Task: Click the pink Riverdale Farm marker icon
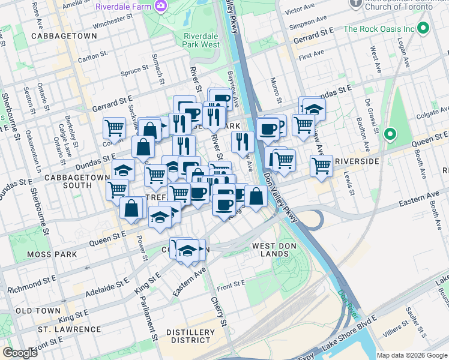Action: pos(160,7)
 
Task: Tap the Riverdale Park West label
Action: pos(201,40)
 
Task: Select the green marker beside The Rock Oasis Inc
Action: pos(423,28)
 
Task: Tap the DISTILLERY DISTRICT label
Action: pos(190,337)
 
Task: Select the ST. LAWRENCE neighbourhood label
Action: pos(69,329)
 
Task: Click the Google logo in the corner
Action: pos(20,353)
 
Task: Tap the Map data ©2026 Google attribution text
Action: pos(412,355)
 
